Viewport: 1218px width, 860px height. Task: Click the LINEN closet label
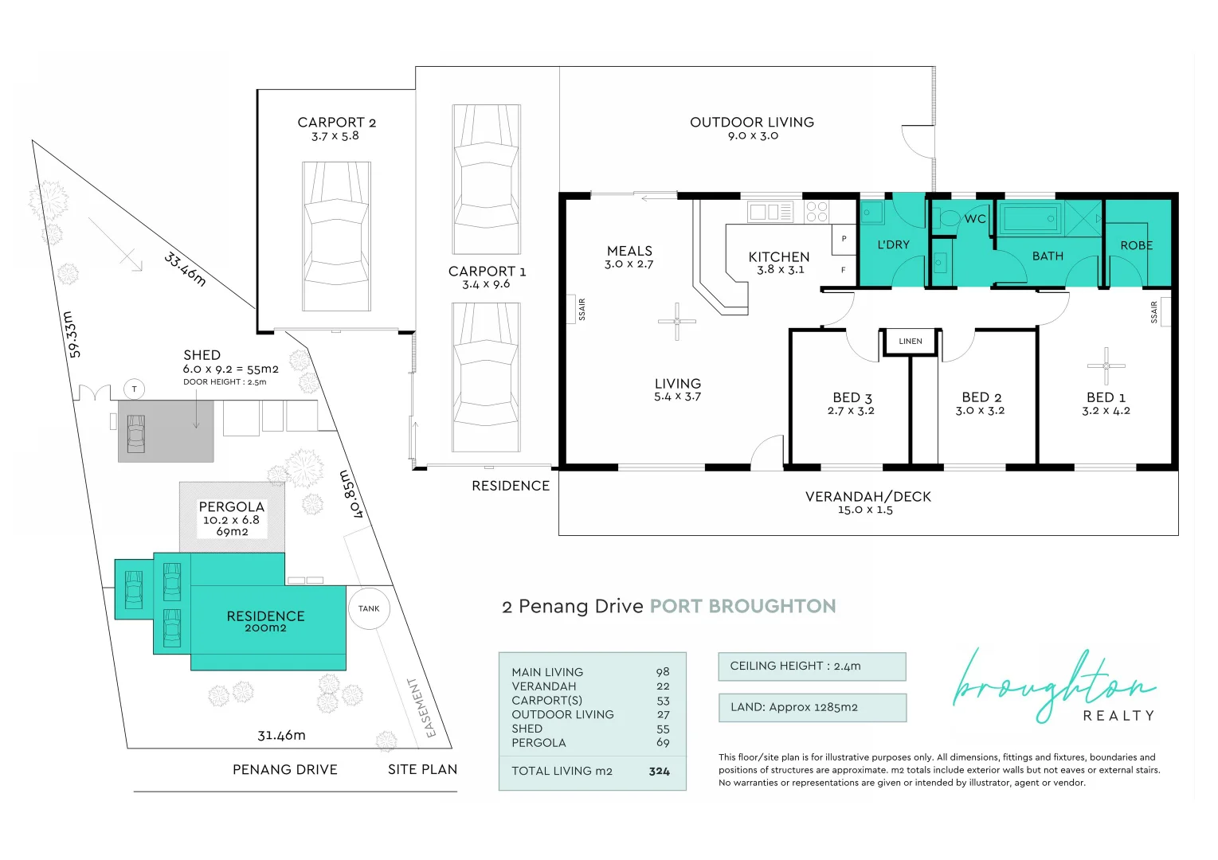point(911,342)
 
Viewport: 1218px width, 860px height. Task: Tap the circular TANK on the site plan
point(369,608)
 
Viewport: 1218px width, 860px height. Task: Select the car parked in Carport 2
point(337,236)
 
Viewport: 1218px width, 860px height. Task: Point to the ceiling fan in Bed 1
point(1106,365)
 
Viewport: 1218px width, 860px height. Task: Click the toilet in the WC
point(946,218)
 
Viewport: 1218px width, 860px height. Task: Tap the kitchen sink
point(770,212)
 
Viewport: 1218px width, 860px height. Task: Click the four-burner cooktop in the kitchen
point(817,212)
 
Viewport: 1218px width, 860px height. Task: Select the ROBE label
point(1137,245)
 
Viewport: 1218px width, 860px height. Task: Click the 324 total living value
point(659,771)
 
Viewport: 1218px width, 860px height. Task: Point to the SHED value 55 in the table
point(663,729)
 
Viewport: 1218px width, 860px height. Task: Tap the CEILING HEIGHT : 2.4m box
point(812,666)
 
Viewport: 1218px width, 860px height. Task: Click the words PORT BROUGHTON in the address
point(742,606)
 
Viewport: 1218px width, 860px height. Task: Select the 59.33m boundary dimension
point(72,334)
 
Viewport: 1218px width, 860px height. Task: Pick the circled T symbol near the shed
point(135,389)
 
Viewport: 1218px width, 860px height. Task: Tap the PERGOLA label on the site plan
point(232,506)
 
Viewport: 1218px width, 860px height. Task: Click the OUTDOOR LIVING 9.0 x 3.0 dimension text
point(753,136)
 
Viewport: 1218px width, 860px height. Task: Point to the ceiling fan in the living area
point(677,321)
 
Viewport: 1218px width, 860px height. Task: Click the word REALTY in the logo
point(1118,715)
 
